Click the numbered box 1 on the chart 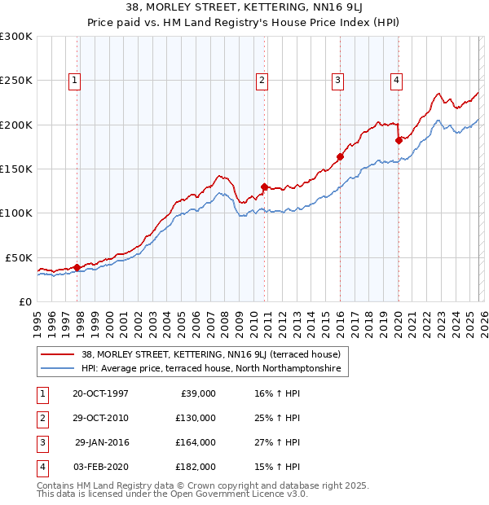pyautogui.click(x=74, y=80)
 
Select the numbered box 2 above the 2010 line pyautogui.click(x=262, y=80)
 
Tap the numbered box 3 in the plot pyautogui.click(x=337, y=80)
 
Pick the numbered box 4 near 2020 pyautogui.click(x=395, y=80)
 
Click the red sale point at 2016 pyautogui.click(x=340, y=156)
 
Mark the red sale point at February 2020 pyautogui.click(x=399, y=140)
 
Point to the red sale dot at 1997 pyautogui.click(x=77, y=266)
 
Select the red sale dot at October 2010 pyautogui.click(x=264, y=187)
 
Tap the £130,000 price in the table pyautogui.click(x=196, y=418)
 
